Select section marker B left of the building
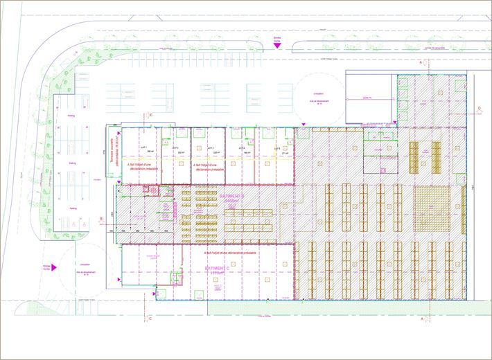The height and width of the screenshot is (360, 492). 102,219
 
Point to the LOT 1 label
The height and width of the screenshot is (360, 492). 144,147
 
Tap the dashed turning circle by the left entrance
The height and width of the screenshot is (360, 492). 85,267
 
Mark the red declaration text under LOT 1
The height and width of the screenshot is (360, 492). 142,167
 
